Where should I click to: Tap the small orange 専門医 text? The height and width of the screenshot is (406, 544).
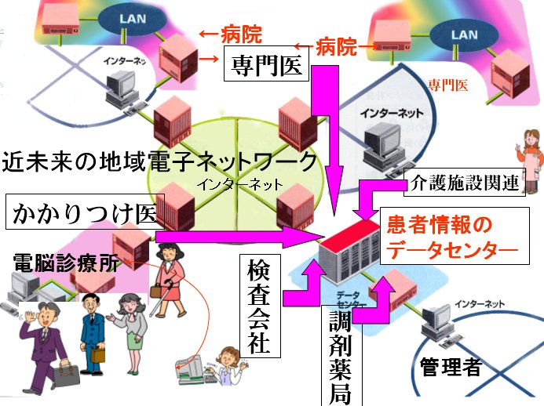pos(444,85)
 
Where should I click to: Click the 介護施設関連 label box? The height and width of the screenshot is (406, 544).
pos(465,184)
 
